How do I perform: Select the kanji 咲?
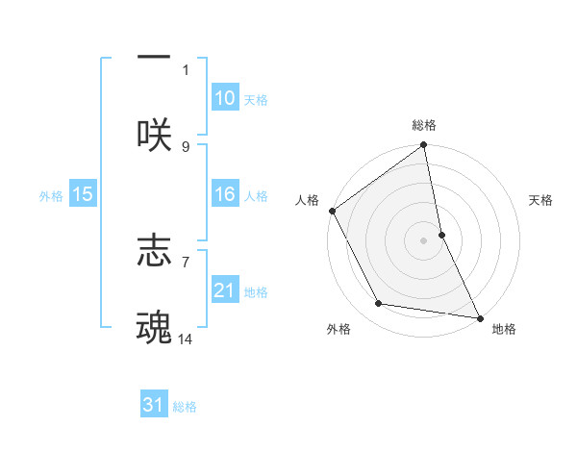(154, 135)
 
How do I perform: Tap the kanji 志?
(154, 250)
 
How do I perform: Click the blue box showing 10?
(225, 98)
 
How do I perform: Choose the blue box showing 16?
(225, 194)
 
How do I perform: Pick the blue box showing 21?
(225, 290)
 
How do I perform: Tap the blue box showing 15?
(83, 194)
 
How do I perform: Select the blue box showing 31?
(154, 406)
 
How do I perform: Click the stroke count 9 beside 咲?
(186, 146)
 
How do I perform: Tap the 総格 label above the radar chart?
(424, 125)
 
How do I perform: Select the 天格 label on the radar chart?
(541, 200)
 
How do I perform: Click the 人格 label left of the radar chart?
(307, 200)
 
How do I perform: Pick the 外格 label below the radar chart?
(339, 329)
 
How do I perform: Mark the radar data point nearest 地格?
(479, 317)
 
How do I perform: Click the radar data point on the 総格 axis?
(424, 146)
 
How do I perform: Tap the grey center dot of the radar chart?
(424, 239)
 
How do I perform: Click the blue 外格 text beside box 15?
(51, 195)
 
